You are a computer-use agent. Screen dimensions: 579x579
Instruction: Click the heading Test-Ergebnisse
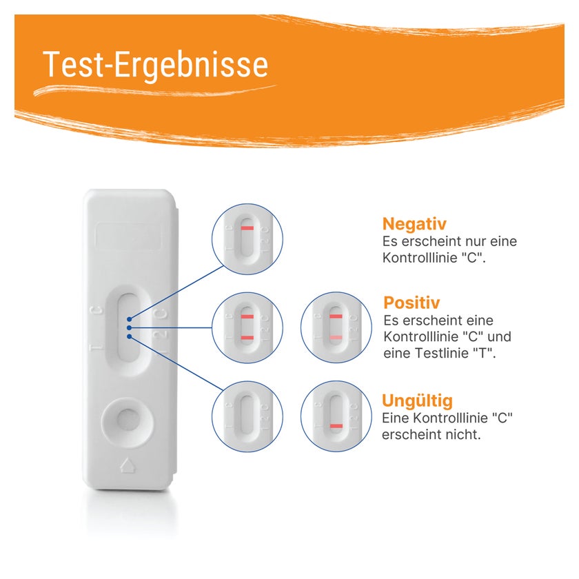156,65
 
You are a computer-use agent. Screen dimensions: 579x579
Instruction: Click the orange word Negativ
414,224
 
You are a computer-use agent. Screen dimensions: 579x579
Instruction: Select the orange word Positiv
412,303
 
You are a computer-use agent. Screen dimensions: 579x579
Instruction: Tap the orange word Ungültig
417,400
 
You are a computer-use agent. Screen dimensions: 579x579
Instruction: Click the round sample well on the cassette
128,420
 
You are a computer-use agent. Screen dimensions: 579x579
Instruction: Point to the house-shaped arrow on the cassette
128,465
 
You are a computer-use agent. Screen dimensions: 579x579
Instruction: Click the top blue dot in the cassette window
129,319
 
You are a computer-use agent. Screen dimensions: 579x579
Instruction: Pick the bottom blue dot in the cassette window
129,336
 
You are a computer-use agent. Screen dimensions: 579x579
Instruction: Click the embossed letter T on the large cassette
96,348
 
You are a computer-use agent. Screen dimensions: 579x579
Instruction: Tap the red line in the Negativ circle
247,228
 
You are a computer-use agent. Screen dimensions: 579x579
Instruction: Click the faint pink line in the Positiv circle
336,338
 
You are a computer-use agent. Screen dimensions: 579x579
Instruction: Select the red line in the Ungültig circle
336,426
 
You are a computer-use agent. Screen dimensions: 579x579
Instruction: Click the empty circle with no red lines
247,416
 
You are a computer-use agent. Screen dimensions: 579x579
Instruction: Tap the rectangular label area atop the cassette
128,236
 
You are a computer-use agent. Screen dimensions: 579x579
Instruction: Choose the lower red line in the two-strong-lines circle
247,338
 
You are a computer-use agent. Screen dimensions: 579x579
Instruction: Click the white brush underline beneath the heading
155,90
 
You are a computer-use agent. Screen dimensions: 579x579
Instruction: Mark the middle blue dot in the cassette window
129,328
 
